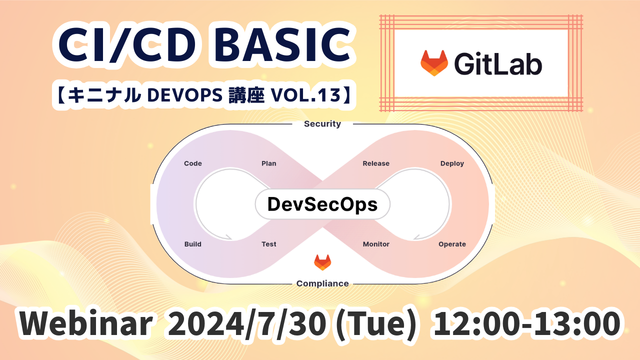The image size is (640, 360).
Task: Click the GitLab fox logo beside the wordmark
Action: pos(434,63)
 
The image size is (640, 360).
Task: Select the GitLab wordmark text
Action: pos(498,63)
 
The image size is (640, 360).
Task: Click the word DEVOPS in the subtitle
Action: pos(184,95)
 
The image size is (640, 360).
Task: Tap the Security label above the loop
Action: pos(322,123)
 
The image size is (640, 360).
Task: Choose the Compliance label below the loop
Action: pos(322,283)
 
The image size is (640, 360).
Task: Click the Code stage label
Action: pos(193,163)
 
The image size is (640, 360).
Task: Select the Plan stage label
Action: pos(269,163)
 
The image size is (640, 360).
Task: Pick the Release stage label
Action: pos(376,163)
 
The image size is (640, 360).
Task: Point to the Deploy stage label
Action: pos(452,163)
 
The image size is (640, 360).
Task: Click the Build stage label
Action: pos(193,244)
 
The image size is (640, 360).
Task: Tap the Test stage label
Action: pos(269,244)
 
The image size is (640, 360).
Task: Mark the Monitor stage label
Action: pos(376,244)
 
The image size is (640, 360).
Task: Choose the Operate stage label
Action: pos(452,244)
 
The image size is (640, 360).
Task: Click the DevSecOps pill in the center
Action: pos(322,204)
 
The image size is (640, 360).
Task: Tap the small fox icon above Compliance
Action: pos(322,262)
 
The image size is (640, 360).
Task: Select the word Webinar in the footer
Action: pos(85,323)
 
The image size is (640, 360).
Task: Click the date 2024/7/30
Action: pos(247,323)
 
